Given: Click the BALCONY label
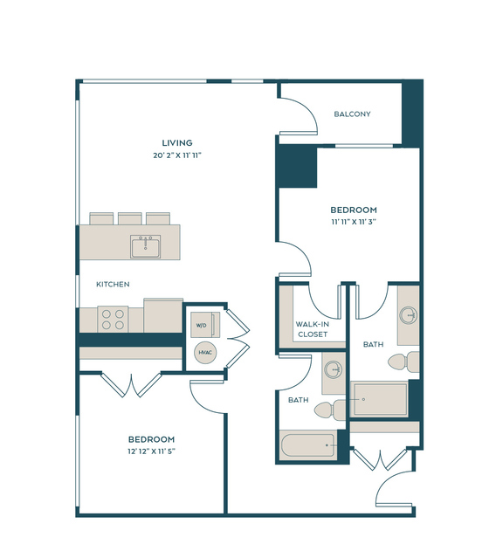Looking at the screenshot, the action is [352, 114].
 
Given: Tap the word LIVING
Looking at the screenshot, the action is [177, 143].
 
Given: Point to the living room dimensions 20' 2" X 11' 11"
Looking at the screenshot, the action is [177, 155].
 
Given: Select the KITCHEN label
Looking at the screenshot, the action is [113, 285].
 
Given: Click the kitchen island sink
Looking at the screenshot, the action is [145, 246].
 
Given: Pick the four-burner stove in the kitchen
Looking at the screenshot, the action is [113, 320].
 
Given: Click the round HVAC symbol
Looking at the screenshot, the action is [205, 352].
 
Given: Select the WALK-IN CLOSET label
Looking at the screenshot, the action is [313, 329].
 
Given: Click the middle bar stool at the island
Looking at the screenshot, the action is [130, 218].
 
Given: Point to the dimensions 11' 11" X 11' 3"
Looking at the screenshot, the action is [354, 222].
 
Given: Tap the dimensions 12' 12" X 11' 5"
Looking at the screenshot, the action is [152, 451].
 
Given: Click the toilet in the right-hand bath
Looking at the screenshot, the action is [403, 362].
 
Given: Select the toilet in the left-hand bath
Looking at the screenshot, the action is [329, 410].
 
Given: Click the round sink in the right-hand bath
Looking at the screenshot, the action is [408, 315].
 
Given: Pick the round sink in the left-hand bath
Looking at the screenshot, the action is [334, 369].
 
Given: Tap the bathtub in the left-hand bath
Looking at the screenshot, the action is [308, 444].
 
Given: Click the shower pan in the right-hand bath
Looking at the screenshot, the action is [379, 399].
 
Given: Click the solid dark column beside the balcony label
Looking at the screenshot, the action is [412, 113].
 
